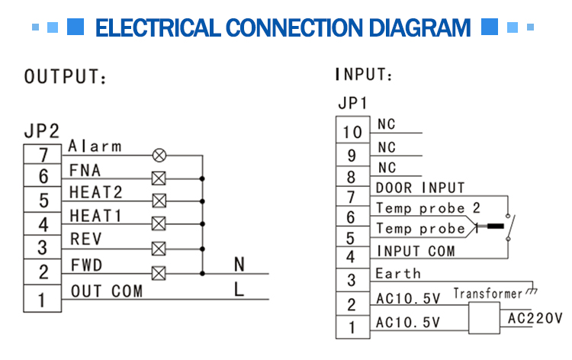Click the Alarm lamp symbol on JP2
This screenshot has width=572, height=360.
click(x=159, y=155)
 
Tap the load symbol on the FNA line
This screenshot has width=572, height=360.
click(x=159, y=178)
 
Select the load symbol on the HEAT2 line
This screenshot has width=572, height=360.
click(x=159, y=201)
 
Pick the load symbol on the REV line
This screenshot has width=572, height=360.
click(x=159, y=249)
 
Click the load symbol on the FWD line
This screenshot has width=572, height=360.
click(x=159, y=272)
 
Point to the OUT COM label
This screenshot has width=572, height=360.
click(x=106, y=291)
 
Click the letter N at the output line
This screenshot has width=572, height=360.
click(x=239, y=264)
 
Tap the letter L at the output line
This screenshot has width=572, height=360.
click(x=239, y=289)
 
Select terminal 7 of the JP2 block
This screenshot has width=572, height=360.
click(x=43, y=156)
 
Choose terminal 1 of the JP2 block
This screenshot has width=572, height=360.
click(x=43, y=297)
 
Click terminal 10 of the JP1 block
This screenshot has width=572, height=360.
click(x=352, y=132)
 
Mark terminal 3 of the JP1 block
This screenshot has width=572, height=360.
click(x=352, y=280)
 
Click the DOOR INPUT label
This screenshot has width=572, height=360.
click(x=420, y=188)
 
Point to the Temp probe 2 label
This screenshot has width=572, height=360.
click(x=428, y=208)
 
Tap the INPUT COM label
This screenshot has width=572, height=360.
click(x=416, y=251)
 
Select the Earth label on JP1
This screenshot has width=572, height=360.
click(x=397, y=273)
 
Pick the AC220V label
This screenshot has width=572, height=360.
click(x=534, y=318)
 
